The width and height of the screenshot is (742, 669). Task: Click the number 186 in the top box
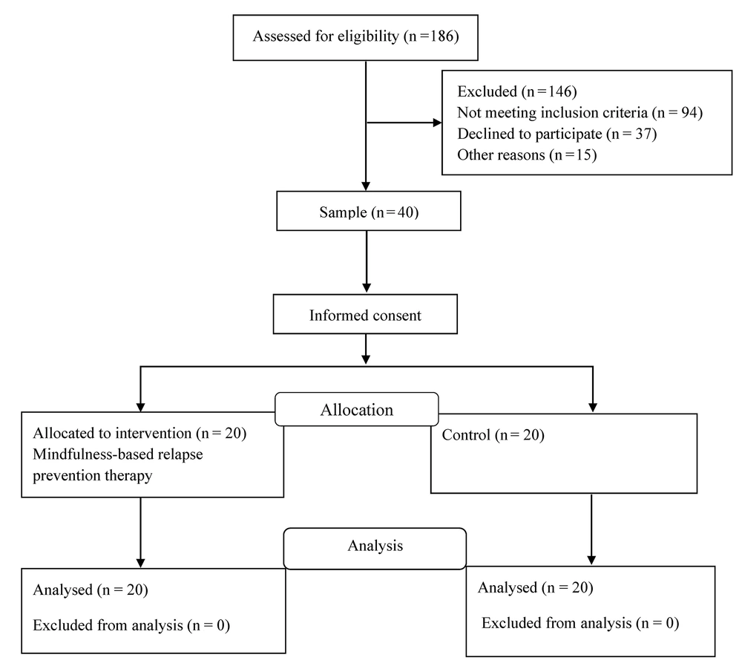click(442, 36)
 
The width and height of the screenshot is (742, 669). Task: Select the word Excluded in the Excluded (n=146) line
click(487, 91)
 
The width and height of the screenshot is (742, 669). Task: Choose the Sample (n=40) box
click(369, 211)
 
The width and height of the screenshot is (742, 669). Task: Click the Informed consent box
click(365, 314)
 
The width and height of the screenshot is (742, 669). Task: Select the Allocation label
click(357, 410)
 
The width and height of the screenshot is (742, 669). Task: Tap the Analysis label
click(375, 546)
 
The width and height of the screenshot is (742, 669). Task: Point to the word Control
click(466, 435)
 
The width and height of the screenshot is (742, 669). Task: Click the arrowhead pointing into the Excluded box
click(437, 123)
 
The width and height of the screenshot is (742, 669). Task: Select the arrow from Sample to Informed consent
click(367, 262)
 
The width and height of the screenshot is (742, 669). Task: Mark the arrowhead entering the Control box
click(592, 408)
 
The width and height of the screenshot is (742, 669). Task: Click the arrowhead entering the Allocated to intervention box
click(140, 407)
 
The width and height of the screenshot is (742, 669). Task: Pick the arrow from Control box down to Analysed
click(591, 530)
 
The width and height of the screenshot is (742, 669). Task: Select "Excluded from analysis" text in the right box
click(556, 623)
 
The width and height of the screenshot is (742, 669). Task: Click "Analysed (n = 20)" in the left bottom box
click(91, 590)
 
